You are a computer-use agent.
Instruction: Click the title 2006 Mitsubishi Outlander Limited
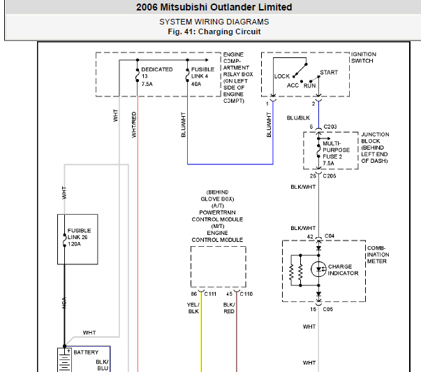214,7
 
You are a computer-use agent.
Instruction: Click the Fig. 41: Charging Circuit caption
214,31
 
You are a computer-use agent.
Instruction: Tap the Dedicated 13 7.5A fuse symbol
138,76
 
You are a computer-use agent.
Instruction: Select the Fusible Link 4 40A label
202,77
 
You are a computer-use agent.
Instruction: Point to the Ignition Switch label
364,57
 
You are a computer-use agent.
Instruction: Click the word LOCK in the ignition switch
282,76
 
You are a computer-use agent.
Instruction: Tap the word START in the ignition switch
329,72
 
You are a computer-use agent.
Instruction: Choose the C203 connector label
330,127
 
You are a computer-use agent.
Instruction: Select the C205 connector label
330,176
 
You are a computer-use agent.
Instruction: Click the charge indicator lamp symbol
318,269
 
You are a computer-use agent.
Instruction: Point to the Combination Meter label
378,255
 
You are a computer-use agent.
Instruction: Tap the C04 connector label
330,236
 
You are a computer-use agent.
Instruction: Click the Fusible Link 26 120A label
79,237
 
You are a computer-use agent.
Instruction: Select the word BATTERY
86,352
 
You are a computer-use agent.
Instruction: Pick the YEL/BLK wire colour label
193,308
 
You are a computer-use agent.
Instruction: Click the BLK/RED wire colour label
229,308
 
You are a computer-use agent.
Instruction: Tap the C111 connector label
210,294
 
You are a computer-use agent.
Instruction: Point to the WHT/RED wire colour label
134,124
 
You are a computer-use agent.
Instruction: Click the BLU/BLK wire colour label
298,117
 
